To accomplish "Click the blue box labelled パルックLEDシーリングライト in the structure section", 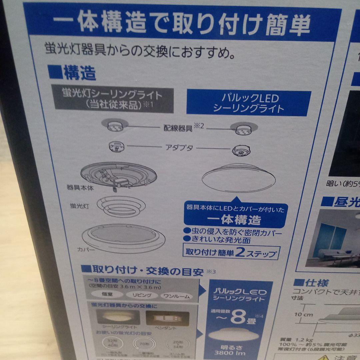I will click(248, 103).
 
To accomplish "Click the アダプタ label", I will click(179, 147).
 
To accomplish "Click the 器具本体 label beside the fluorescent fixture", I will click(80, 188).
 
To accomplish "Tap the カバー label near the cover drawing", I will click(86, 249).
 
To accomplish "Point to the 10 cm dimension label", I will click(304, 314).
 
